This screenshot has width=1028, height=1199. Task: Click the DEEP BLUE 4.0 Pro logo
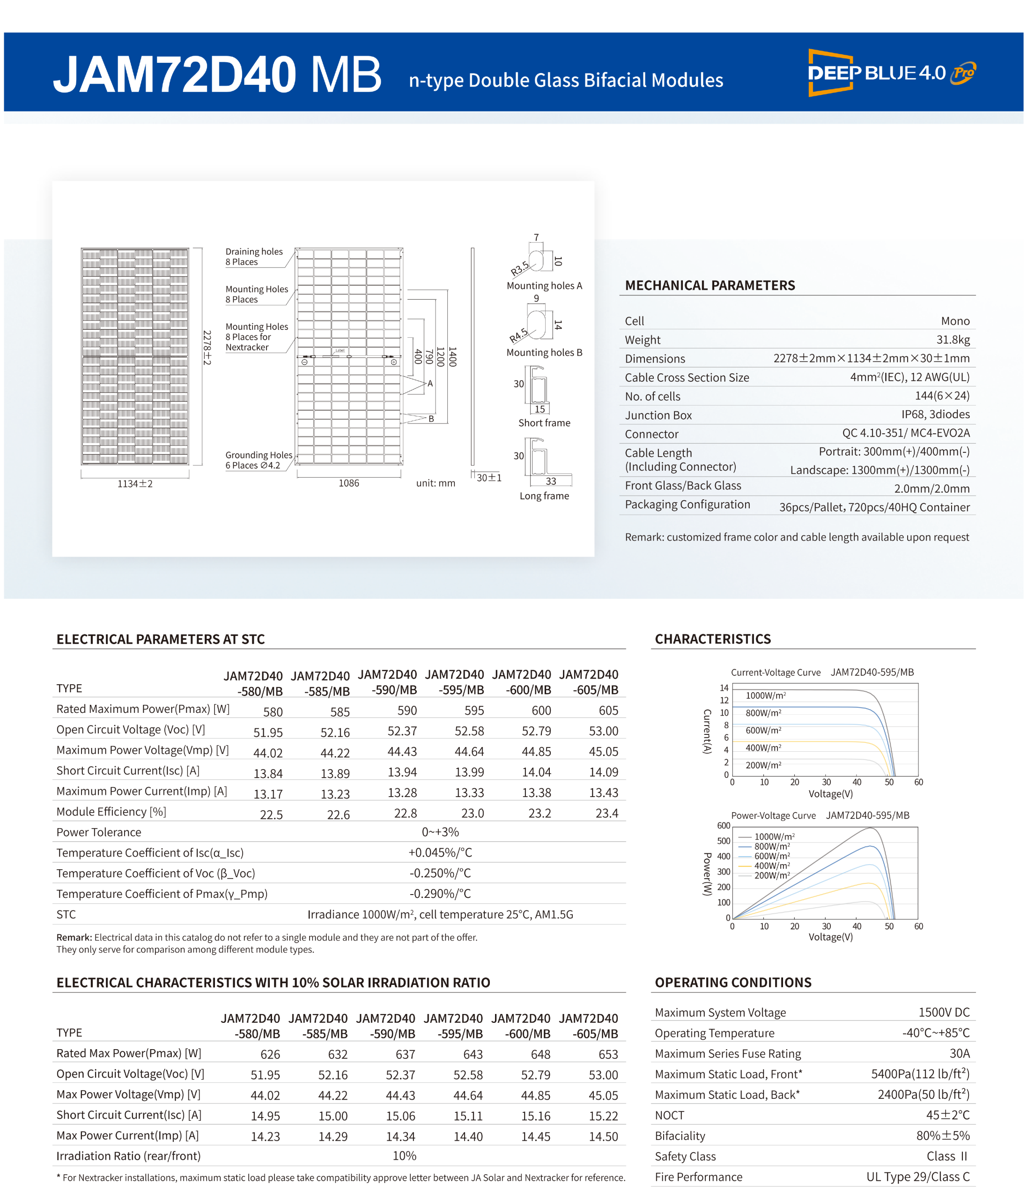coord(891,73)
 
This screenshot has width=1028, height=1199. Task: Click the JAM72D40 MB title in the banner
coord(217,74)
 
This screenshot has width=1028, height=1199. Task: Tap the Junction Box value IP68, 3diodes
coord(935,414)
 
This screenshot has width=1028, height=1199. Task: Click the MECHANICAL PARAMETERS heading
coord(710,285)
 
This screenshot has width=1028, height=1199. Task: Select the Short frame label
coord(544,423)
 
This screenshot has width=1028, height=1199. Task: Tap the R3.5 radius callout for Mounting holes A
coord(519,268)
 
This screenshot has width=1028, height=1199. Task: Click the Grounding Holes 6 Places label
coord(259,460)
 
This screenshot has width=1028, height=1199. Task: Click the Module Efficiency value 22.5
coord(271,815)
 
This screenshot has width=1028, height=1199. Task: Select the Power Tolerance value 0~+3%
coord(440,832)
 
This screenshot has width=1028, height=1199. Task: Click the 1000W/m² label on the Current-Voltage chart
coord(765,696)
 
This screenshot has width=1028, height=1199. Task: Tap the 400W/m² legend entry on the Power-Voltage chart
coord(772,866)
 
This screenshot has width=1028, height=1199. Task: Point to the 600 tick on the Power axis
coord(724,826)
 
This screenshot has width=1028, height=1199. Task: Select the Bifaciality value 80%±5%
coord(942,1136)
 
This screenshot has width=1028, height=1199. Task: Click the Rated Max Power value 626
coord(270,1054)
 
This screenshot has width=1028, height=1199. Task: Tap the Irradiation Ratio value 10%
coord(404,1155)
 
